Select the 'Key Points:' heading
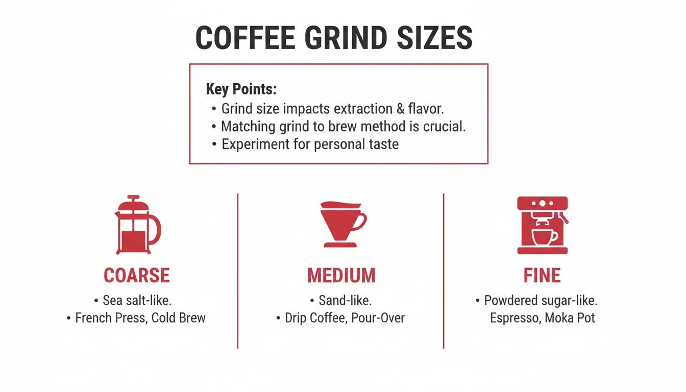[241, 89]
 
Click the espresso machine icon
[542, 225]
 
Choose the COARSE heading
[136, 276]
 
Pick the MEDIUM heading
[341, 276]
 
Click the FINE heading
[542, 276]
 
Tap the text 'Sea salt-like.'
[137, 300]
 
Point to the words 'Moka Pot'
[570, 318]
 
